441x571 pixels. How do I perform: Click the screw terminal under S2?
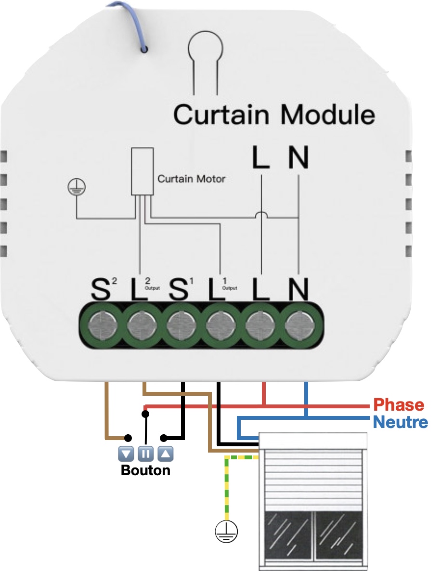[102, 325]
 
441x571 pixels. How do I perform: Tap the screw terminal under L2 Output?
[142, 325]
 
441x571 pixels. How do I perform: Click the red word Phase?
[399, 404]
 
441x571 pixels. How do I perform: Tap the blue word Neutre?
[400, 423]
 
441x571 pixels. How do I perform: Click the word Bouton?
[145, 470]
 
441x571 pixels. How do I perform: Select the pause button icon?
[145, 453]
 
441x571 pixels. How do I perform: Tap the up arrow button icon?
[165, 453]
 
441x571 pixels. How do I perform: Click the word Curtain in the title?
[221, 115]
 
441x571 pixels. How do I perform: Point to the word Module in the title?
[327, 115]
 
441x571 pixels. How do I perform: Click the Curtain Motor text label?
[191, 179]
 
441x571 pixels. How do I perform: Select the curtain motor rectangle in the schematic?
[143, 171]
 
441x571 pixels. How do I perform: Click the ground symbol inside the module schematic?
[76, 186]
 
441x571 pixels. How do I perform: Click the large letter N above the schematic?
[298, 157]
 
